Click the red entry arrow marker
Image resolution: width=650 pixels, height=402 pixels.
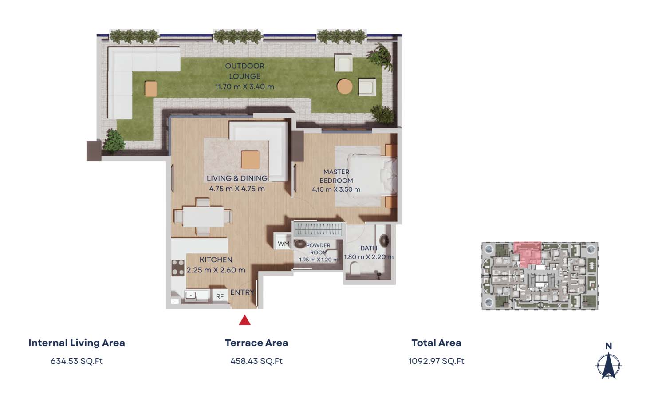pyautogui.click(x=244, y=320)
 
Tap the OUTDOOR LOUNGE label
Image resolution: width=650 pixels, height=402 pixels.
pyautogui.click(x=244, y=71)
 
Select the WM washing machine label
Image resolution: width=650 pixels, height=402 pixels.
pyautogui.click(x=283, y=244)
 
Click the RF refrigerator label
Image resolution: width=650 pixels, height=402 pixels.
pyautogui.click(x=220, y=296)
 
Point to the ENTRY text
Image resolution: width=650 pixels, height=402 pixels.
pyautogui.click(x=242, y=292)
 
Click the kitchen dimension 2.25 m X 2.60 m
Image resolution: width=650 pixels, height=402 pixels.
pyautogui.click(x=216, y=270)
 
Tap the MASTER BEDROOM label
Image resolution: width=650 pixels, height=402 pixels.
pyautogui.click(x=336, y=176)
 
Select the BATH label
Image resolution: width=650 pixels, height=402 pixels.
pyautogui.click(x=368, y=248)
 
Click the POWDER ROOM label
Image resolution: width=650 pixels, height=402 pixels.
pyautogui.click(x=318, y=248)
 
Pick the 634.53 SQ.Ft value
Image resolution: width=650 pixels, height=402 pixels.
pyautogui.click(x=76, y=361)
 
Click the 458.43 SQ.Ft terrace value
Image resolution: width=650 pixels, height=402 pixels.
pyautogui.click(x=256, y=361)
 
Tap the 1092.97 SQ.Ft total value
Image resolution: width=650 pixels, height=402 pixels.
pyautogui.click(x=436, y=361)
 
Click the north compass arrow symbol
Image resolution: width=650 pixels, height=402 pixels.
pyautogui.click(x=608, y=366)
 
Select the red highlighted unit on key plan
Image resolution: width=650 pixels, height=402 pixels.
pyautogui.click(x=528, y=253)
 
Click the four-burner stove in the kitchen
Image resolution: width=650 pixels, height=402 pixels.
pyautogui.click(x=178, y=268)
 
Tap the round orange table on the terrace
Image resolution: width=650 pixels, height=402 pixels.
pyautogui.click(x=344, y=86)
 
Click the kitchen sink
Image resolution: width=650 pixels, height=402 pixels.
pyautogui.click(x=190, y=296)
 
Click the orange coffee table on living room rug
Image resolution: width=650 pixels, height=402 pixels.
pyautogui.click(x=250, y=160)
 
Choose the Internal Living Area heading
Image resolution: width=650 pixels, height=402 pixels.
pyautogui.click(x=76, y=343)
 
